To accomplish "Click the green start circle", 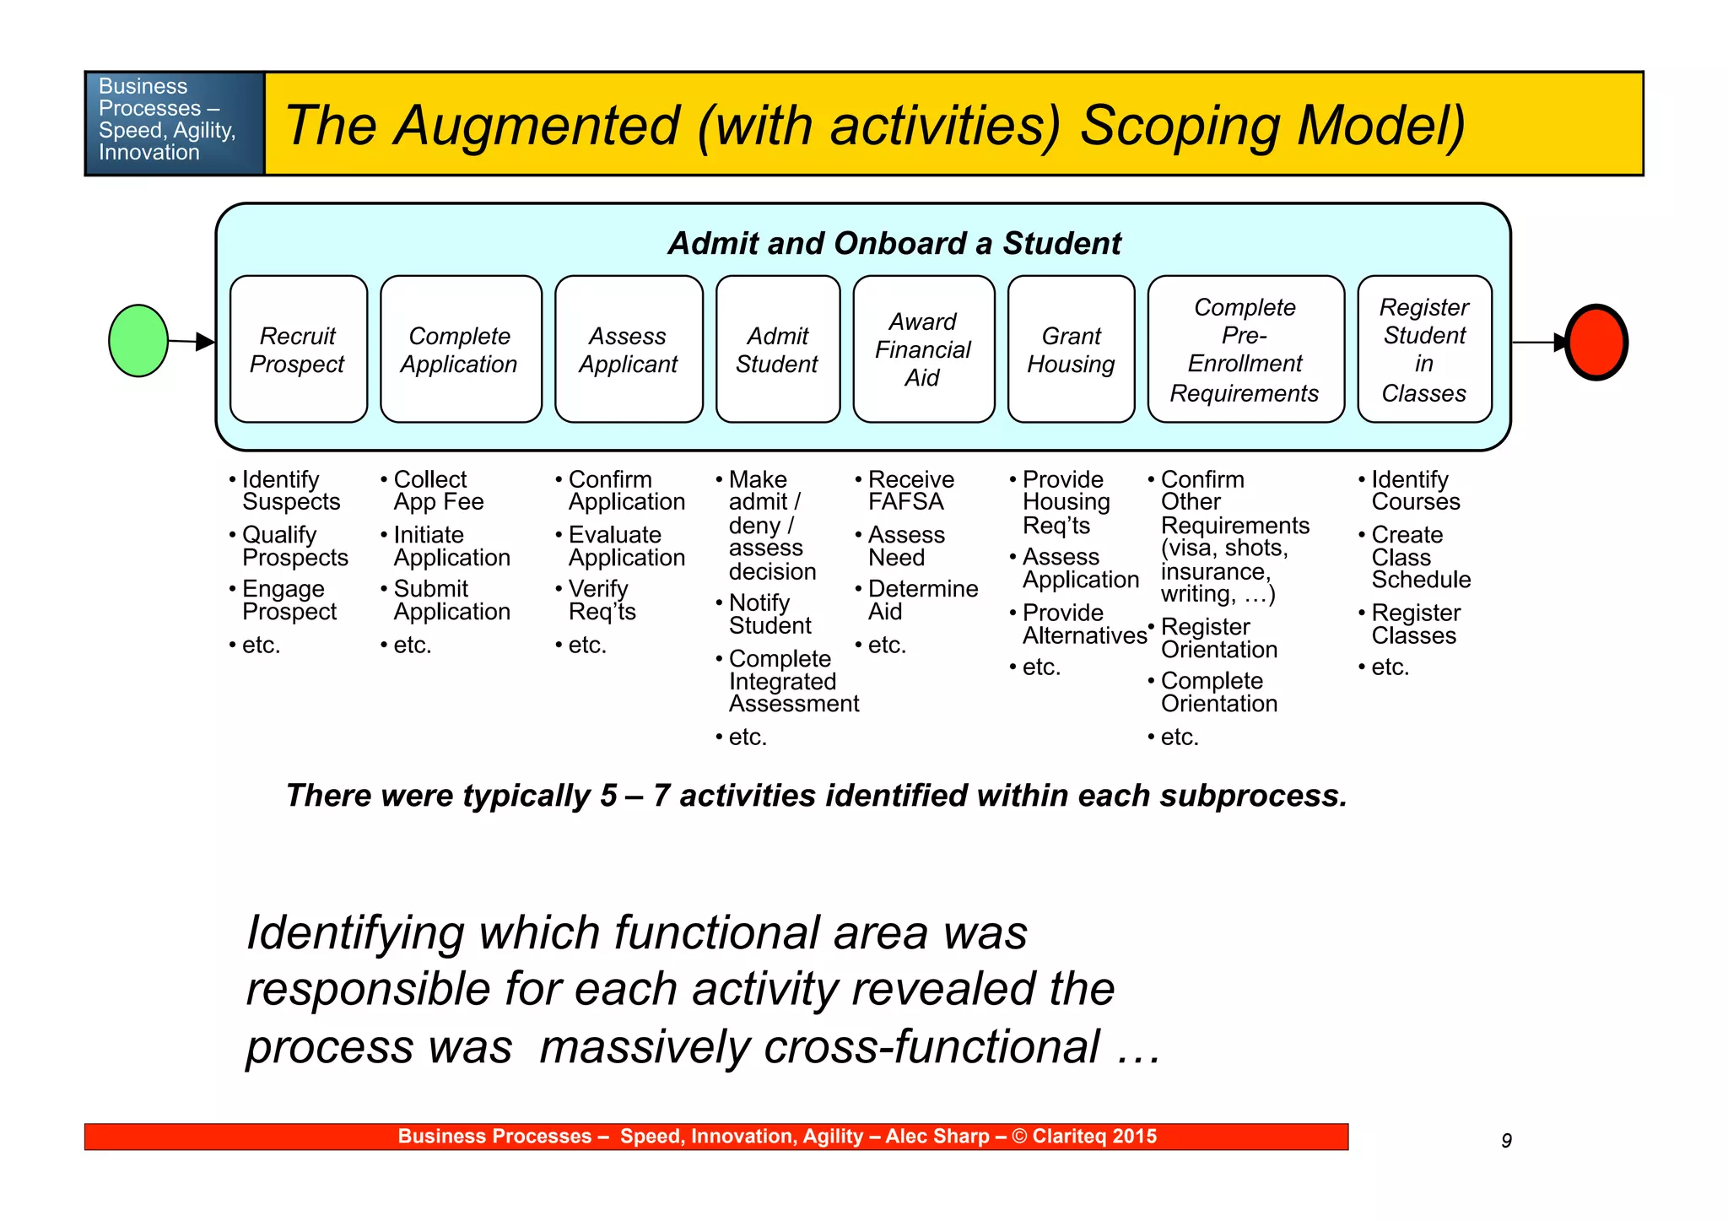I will [138, 341].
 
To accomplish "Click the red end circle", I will [1596, 343].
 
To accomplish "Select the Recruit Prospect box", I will [299, 349].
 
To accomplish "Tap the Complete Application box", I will [461, 349].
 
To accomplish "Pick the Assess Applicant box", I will [629, 349].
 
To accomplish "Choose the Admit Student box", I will [778, 349].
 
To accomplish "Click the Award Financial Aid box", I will [924, 349].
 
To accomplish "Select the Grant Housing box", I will [1072, 349].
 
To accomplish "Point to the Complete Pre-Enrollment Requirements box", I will [1245, 349].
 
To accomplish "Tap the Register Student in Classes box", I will [1424, 349].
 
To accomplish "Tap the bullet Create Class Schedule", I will [1420, 557].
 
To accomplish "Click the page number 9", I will [1506, 1141].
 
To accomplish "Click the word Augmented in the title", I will [538, 126].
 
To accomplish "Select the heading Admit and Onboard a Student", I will [894, 244].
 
